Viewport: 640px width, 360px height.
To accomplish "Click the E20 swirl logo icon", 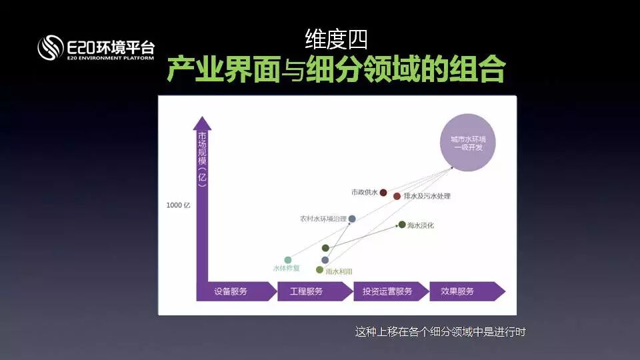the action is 50,47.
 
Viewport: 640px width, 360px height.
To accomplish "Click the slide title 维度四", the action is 336,39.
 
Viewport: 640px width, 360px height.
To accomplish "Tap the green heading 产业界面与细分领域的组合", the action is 336,69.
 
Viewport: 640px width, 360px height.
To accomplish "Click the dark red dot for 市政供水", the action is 383,193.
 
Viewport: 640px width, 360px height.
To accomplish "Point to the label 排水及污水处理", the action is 427,197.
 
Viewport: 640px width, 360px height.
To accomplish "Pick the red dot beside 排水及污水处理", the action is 397,197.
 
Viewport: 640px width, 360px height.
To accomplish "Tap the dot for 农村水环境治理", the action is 352,219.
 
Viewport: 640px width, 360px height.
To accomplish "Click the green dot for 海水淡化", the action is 402,225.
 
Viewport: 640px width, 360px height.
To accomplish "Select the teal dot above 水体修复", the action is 288,260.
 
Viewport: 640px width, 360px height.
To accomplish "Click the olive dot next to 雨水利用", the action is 320,270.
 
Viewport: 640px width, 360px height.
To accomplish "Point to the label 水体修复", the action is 287,269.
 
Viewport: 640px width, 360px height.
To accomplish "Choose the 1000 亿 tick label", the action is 178,205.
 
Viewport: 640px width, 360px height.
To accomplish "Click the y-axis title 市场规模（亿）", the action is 202,160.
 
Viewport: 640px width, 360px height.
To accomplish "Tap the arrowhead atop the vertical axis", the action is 202,123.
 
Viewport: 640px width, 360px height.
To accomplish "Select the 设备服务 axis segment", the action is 233,291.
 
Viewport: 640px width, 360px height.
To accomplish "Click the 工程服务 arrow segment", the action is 310,291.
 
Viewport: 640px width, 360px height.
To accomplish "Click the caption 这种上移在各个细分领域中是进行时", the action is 441,331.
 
